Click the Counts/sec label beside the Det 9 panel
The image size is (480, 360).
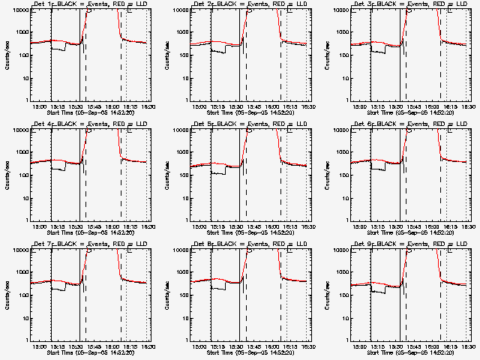click(327, 293)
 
